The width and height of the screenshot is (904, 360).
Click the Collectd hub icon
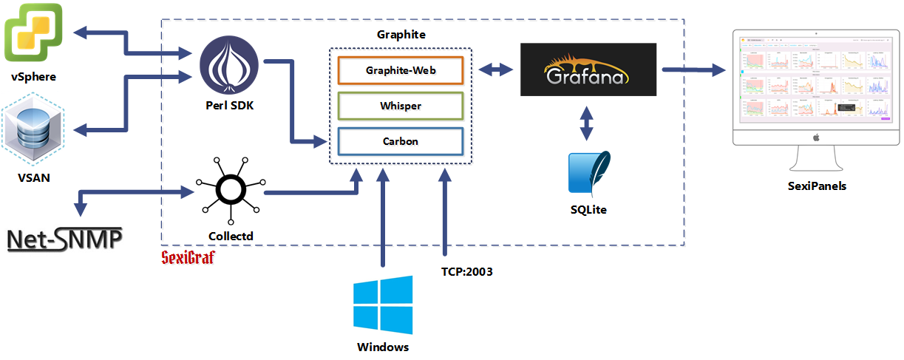click(230, 191)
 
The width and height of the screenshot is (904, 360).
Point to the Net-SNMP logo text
click(64, 240)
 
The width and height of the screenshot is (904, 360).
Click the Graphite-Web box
click(401, 71)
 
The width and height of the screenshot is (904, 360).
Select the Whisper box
click(401, 106)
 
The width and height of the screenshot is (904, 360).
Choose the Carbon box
click(401, 140)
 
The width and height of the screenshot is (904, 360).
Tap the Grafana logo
click(588, 69)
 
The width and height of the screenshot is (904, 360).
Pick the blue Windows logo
click(382, 305)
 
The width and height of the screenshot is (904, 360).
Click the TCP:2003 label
click(462, 271)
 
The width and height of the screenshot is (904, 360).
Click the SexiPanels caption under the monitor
click(817, 186)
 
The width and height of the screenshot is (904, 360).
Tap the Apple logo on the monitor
click(817, 137)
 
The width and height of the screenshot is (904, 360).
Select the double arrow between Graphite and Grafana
click(495, 70)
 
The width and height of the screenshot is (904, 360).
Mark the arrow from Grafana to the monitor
click(692, 70)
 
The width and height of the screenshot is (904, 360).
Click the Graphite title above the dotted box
click(401, 35)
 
